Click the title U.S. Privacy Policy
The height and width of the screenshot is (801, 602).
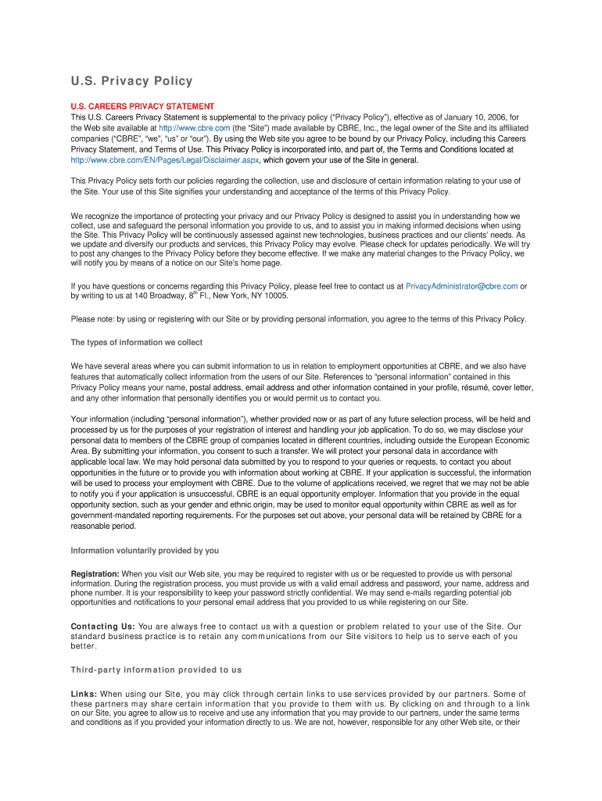(131, 81)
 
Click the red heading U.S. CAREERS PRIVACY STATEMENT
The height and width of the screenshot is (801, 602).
(142, 106)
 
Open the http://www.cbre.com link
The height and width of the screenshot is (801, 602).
(194, 128)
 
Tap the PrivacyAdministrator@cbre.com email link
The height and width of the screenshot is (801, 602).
(461, 286)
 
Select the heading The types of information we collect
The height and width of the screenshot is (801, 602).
(137, 343)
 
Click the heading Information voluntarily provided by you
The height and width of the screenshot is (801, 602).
(145, 550)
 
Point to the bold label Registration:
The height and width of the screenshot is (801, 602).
(95, 574)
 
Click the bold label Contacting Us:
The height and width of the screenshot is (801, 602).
(103, 627)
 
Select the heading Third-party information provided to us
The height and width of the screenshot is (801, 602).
(156, 670)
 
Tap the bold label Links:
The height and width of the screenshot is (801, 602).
(84, 694)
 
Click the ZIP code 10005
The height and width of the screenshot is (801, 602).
(277, 296)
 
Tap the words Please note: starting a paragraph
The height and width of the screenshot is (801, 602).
(93, 319)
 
